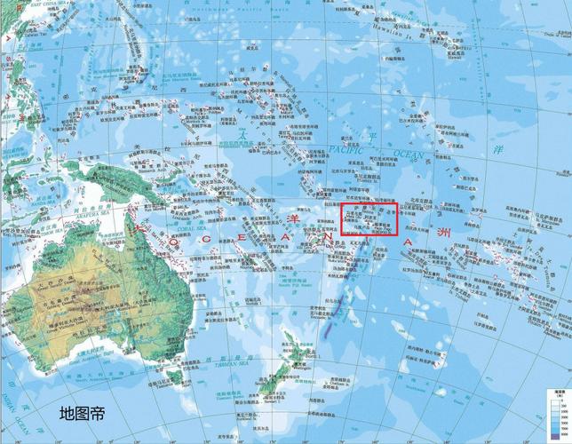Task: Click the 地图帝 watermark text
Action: coord(81,412)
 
